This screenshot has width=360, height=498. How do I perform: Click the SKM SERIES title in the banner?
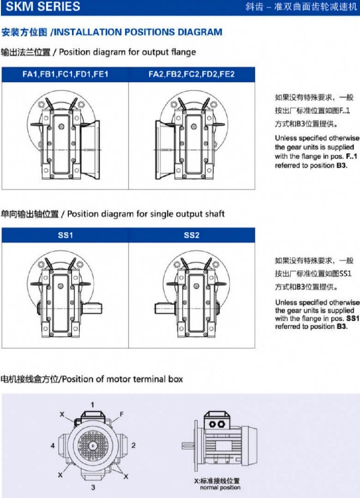[40, 7]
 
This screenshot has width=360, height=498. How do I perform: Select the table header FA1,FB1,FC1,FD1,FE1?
[65, 74]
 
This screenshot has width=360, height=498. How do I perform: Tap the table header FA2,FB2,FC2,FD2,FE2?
[191, 74]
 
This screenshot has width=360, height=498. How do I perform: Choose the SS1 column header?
[65, 235]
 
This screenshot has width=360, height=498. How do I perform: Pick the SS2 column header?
[191, 235]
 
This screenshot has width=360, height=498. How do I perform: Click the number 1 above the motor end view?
[92, 405]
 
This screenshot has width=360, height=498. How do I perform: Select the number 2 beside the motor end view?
[133, 445]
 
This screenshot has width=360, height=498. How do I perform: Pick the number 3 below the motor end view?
[92, 487]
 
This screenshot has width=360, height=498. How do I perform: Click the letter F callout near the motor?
[121, 415]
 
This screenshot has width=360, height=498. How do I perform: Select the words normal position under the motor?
[220, 488]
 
